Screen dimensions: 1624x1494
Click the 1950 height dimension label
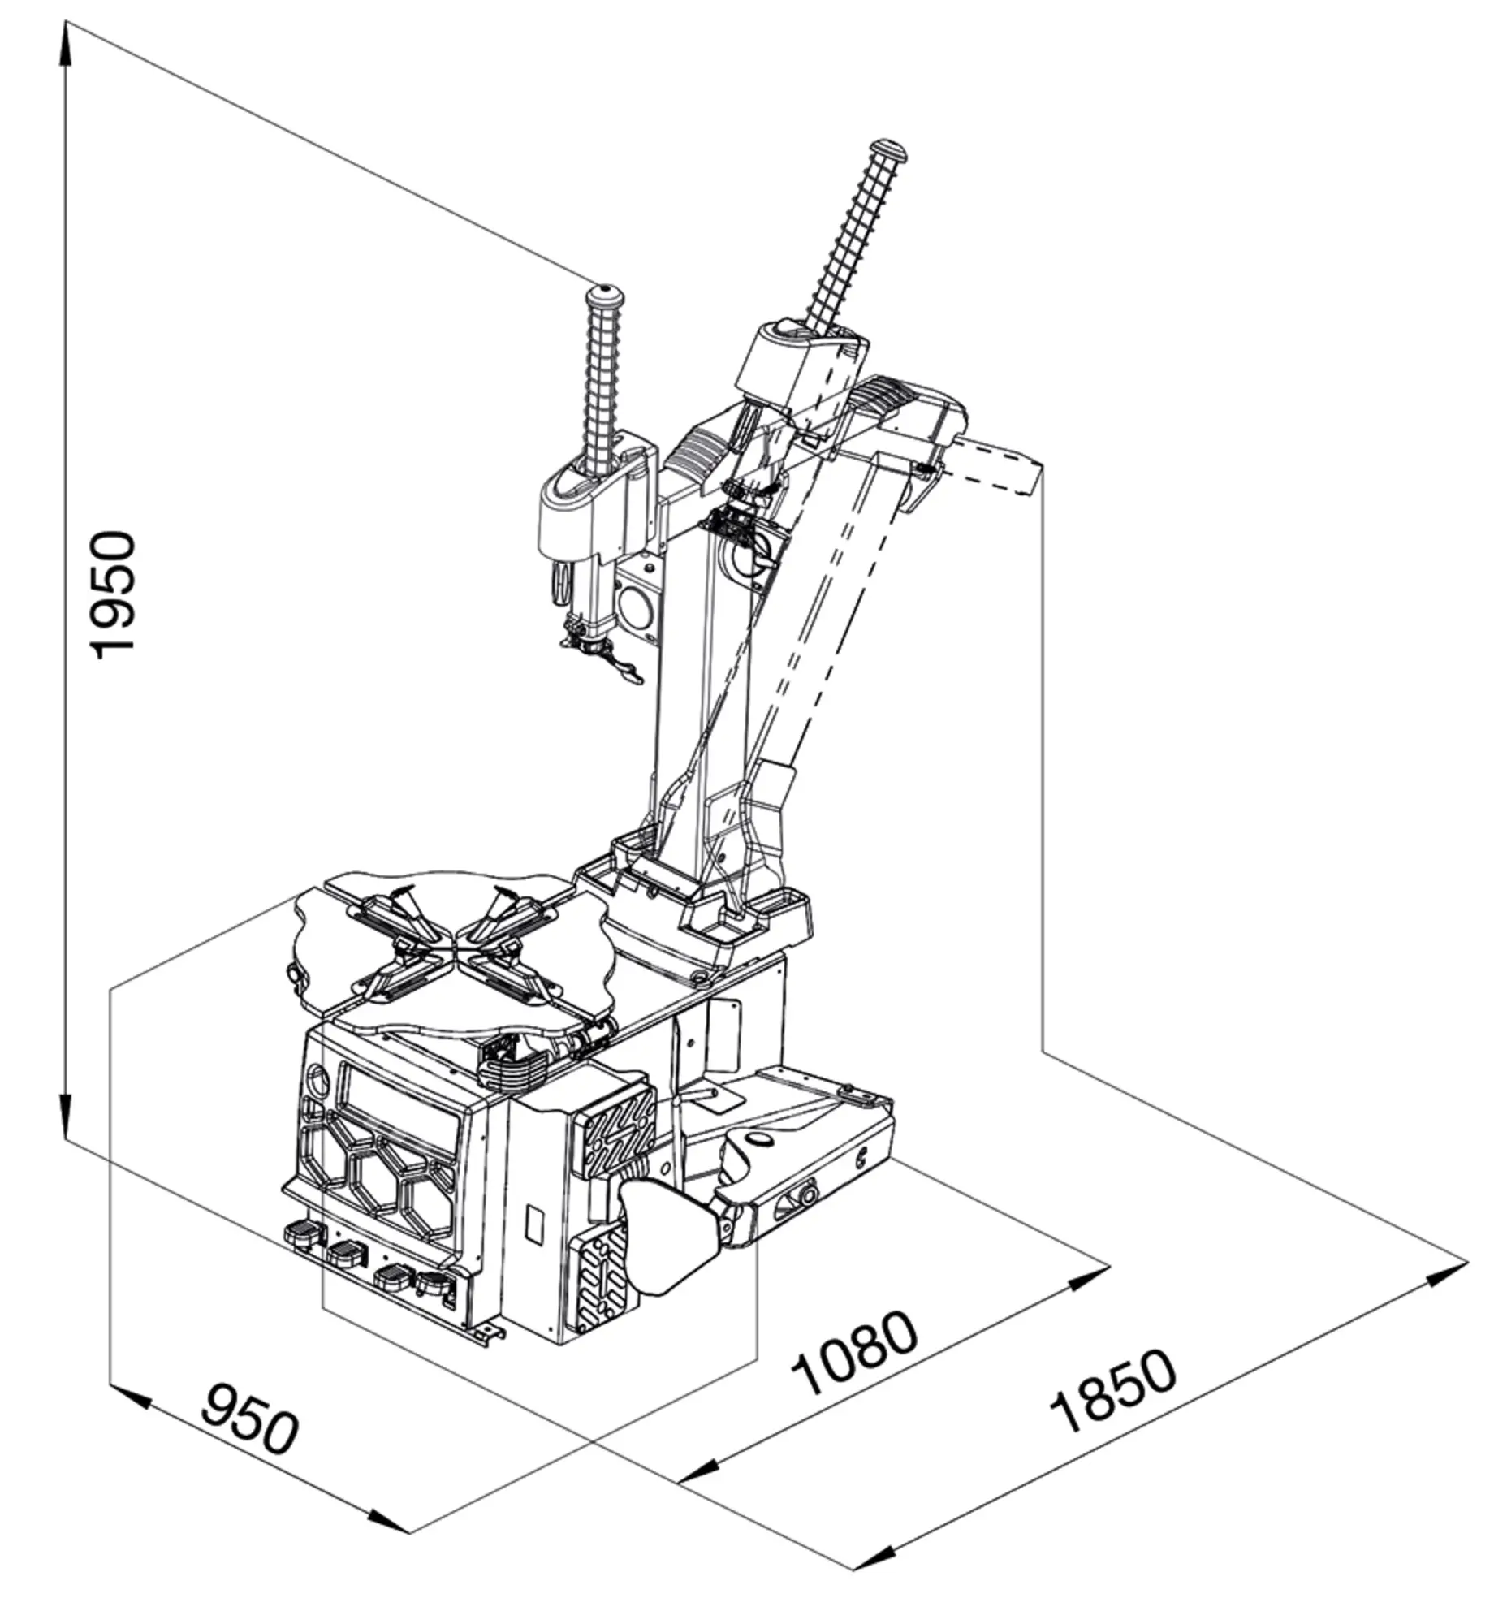coord(111,594)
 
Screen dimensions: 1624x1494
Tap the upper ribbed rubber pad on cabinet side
coord(614,1132)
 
